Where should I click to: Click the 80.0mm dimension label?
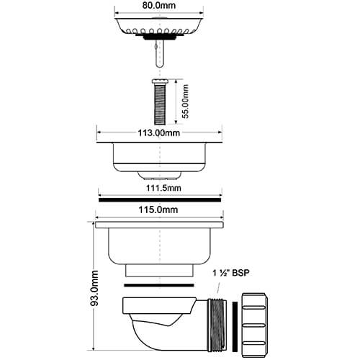click(159, 5)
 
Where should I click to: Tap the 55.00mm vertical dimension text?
click(185, 102)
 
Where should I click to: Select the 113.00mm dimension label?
click(159, 132)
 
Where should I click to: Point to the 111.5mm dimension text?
click(163, 188)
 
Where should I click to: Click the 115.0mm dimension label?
click(158, 210)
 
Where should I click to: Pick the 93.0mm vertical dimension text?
click(94, 288)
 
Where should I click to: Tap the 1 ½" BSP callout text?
click(231, 273)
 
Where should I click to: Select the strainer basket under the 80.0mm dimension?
click(159, 27)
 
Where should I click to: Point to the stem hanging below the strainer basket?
click(160, 53)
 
